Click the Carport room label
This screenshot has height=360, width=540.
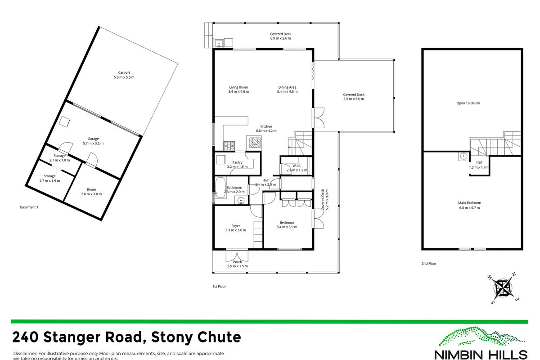(x=124, y=72)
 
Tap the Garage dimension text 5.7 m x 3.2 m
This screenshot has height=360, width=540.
(x=93, y=144)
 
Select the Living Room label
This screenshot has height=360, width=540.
(x=238, y=87)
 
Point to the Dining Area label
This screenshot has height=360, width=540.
(x=287, y=87)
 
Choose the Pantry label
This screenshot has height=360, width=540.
(x=237, y=162)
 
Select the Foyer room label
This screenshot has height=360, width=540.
(x=236, y=226)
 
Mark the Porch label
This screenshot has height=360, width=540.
(x=238, y=262)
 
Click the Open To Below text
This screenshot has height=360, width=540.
(x=468, y=103)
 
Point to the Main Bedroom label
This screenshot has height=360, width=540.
(x=469, y=202)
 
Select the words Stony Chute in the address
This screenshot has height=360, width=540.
(x=196, y=337)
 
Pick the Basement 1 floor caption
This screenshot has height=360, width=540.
(x=30, y=207)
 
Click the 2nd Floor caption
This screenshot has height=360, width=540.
(x=429, y=264)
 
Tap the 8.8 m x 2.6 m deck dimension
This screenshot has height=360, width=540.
(x=281, y=39)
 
